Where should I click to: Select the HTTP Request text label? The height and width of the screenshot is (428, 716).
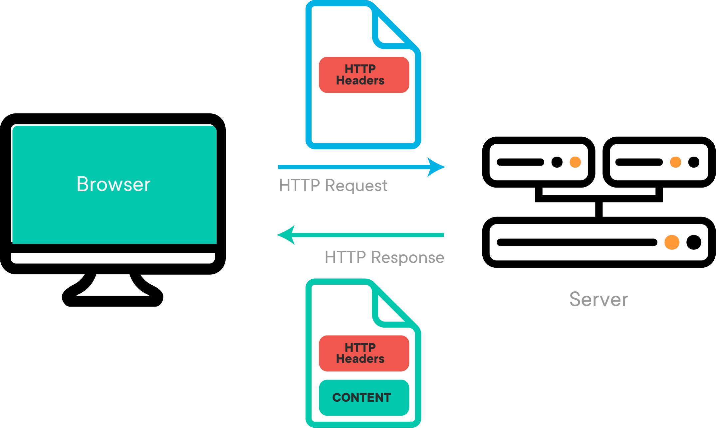[x=333, y=185]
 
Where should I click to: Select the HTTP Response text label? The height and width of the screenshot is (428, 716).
[x=384, y=257]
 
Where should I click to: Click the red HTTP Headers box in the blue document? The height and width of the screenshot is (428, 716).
[x=364, y=75]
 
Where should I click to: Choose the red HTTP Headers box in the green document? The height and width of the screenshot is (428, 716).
[x=364, y=353]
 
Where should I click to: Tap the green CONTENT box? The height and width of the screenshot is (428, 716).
[x=364, y=397]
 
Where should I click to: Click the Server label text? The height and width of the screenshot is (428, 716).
[x=598, y=299]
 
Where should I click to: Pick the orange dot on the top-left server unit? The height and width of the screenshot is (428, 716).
[x=575, y=162]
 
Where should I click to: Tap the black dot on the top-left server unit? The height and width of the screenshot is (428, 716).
[x=557, y=162]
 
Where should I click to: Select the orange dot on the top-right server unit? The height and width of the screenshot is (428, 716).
[x=675, y=162]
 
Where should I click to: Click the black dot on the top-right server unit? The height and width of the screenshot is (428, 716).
[x=694, y=162]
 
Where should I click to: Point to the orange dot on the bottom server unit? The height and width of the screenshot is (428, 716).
[x=672, y=242]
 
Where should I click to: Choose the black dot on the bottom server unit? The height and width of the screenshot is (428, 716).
[x=694, y=242]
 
